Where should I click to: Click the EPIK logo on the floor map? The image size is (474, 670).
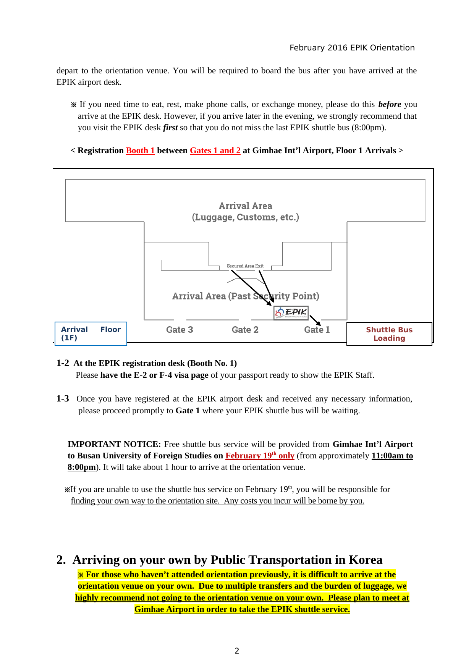coord(291,313)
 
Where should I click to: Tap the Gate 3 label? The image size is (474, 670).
coord(180,330)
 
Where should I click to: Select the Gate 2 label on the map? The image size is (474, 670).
coord(245,330)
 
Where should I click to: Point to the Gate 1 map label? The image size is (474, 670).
coord(317,330)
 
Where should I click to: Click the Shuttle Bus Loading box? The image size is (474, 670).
coord(389,334)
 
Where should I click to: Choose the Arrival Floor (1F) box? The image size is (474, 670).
coord(91,333)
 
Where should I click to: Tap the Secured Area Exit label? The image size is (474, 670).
coord(245,266)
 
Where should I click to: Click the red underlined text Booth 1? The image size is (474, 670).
coord(140,151)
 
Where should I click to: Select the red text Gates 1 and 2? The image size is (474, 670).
coord(215,151)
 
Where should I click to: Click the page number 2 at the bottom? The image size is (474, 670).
coord(237,651)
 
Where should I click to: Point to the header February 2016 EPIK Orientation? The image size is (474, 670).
coord(352,48)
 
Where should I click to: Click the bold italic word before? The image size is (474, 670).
coord(390,104)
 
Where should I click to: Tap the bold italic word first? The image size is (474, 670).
coord(170,128)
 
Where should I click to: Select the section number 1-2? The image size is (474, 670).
coord(63,363)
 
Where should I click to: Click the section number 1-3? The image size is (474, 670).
coord(63,399)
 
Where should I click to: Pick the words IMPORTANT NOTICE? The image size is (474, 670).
coord(114,444)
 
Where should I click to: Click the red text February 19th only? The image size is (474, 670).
coord(260,456)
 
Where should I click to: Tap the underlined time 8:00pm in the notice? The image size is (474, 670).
coord(82,467)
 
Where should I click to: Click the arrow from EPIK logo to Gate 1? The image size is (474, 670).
coord(315,320)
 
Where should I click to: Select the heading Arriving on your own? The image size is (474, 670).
coord(227,560)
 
